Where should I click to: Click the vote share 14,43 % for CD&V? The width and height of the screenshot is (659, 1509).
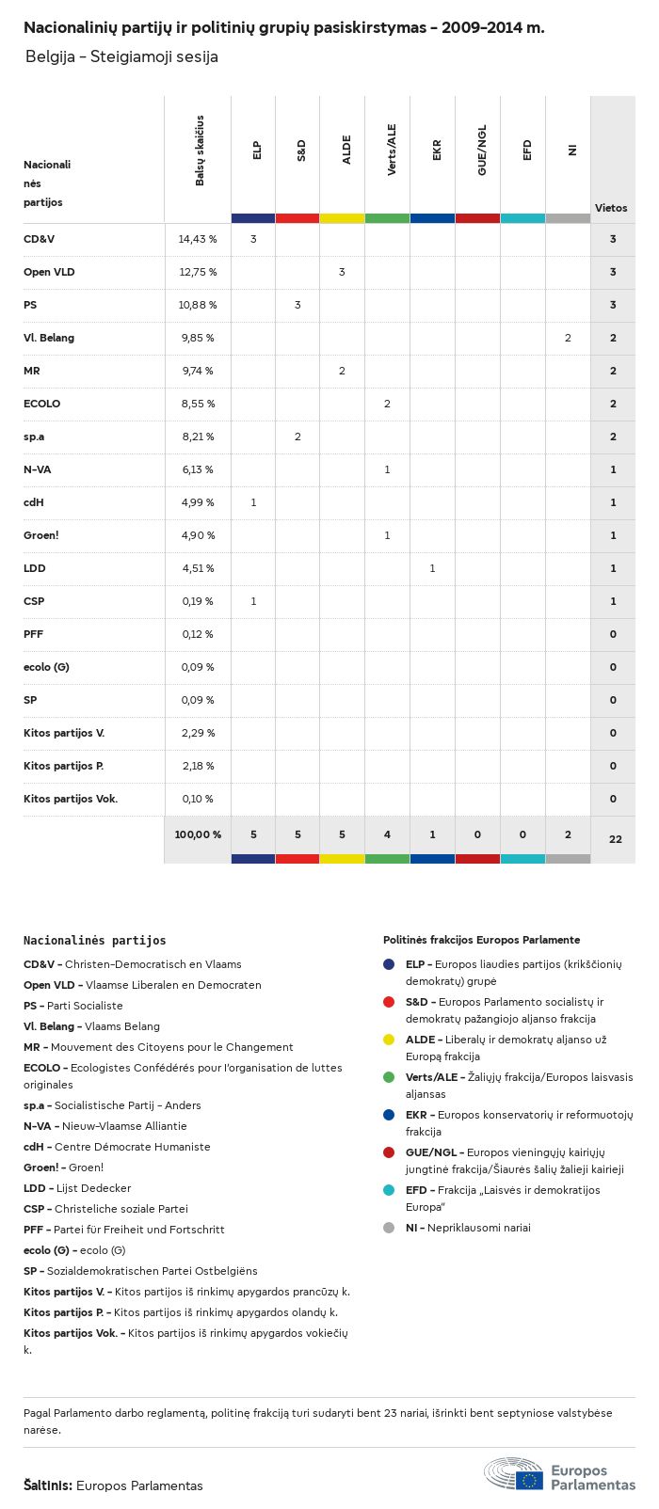(x=198, y=239)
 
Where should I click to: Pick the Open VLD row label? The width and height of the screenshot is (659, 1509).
(x=49, y=272)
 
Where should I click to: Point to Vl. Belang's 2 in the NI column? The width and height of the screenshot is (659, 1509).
(x=568, y=338)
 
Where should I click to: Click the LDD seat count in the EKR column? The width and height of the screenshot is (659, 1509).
(x=432, y=568)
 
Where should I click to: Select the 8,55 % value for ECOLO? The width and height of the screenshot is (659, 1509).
(x=198, y=404)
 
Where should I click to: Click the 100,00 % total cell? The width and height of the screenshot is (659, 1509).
(x=198, y=834)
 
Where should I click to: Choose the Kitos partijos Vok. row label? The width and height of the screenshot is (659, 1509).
(x=71, y=799)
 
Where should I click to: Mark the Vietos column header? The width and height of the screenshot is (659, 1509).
(x=611, y=208)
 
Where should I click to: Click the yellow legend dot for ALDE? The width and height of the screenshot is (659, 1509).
(x=389, y=1040)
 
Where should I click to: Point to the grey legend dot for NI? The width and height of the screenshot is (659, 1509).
(x=389, y=1228)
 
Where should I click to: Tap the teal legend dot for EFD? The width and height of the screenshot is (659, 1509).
(x=389, y=1190)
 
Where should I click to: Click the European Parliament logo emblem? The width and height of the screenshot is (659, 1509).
(x=514, y=1473)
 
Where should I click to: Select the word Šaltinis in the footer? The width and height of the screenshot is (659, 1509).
(x=47, y=1485)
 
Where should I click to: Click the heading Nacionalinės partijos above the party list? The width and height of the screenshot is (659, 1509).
(x=94, y=940)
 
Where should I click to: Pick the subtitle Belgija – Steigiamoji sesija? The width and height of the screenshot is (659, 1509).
(x=121, y=56)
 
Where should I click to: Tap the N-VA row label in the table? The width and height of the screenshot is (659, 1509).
(x=38, y=469)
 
